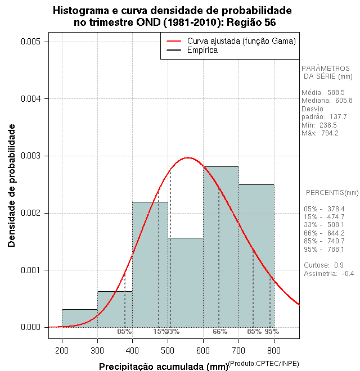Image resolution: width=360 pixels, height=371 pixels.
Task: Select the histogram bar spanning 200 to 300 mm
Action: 79,318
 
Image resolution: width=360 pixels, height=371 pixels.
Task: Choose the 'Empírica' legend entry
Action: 202,50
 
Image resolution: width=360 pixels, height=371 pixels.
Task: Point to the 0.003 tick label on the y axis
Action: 30,156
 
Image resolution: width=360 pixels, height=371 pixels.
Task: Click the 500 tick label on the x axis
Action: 168,349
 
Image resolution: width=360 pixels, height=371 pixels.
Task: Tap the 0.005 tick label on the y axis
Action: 30,42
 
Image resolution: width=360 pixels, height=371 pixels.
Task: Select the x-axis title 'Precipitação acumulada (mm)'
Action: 163,367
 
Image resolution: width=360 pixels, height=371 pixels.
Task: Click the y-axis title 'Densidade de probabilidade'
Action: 11,185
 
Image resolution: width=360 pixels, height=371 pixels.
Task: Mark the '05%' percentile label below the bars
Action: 124,332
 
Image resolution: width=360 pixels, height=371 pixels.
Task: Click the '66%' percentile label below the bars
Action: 219,332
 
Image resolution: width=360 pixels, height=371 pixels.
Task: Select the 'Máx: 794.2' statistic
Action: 319,133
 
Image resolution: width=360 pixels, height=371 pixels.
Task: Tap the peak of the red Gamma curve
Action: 188,158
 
